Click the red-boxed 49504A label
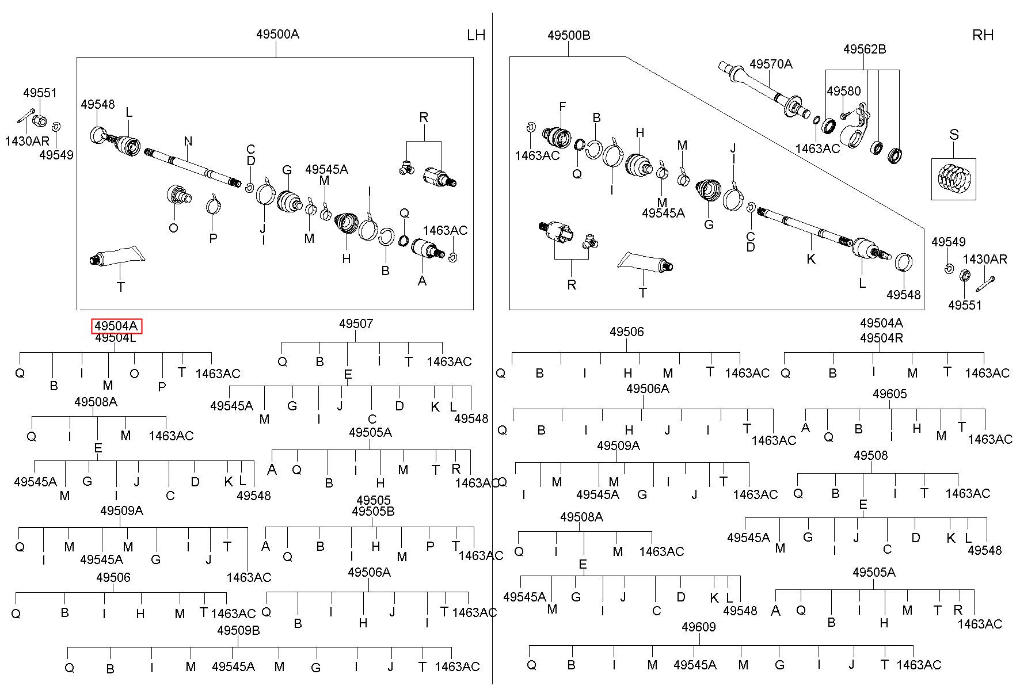click(x=116, y=326)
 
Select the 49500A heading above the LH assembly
click(x=277, y=34)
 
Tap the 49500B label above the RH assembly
click(x=569, y=35)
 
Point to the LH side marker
click(x=476, y=35)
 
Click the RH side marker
click(x=983, y=35)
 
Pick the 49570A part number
click(x=771, y=64)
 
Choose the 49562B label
click(x=865, y=49)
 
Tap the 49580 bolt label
click(x=844, y=91)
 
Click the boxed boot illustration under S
click(x=954, y=179)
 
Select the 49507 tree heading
click(x=356, y=323)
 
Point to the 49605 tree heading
click(x=890, y=394)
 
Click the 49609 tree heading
click(x=698, y=627)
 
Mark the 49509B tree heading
click(x=238, y=630)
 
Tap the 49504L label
click(x=116, y=338)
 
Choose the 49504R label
click(x=881, y=338)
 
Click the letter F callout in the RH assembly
click(x=562, y=106)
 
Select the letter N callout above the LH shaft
click(x=188, y=141)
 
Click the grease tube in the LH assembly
click(x=116, y=256)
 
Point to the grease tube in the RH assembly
click(x=645, y=262)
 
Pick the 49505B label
click(x=373, y=511)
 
